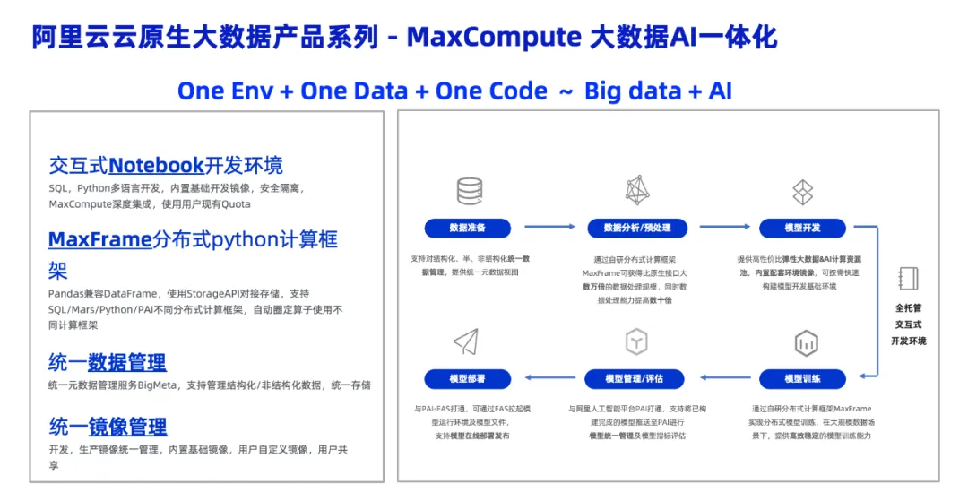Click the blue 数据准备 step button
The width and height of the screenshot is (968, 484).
(x=467, y=228)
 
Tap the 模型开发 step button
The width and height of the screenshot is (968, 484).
(x=803, y=228)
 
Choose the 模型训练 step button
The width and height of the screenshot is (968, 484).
(x=803, y=378)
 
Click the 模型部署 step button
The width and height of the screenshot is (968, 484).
(x=467, y=378)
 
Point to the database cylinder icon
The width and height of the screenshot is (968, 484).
(x=469, y=191)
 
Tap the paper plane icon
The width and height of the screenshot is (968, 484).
(x=466, y=341)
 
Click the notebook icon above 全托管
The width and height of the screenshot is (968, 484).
(x=908, y=278)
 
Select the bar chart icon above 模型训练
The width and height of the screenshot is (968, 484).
(x=805, y=342)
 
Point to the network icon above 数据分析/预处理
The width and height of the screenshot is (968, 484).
(x=636, y=190)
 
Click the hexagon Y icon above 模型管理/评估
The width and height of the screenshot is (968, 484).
(x=636, y=341)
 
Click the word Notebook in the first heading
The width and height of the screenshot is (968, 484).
(x=156, y=165)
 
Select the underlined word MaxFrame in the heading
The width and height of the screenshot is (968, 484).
(x=99, y=239)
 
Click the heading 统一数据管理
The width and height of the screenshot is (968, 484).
(x=107, y=362)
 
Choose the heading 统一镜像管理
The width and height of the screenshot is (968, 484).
(x=108, y=427)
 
